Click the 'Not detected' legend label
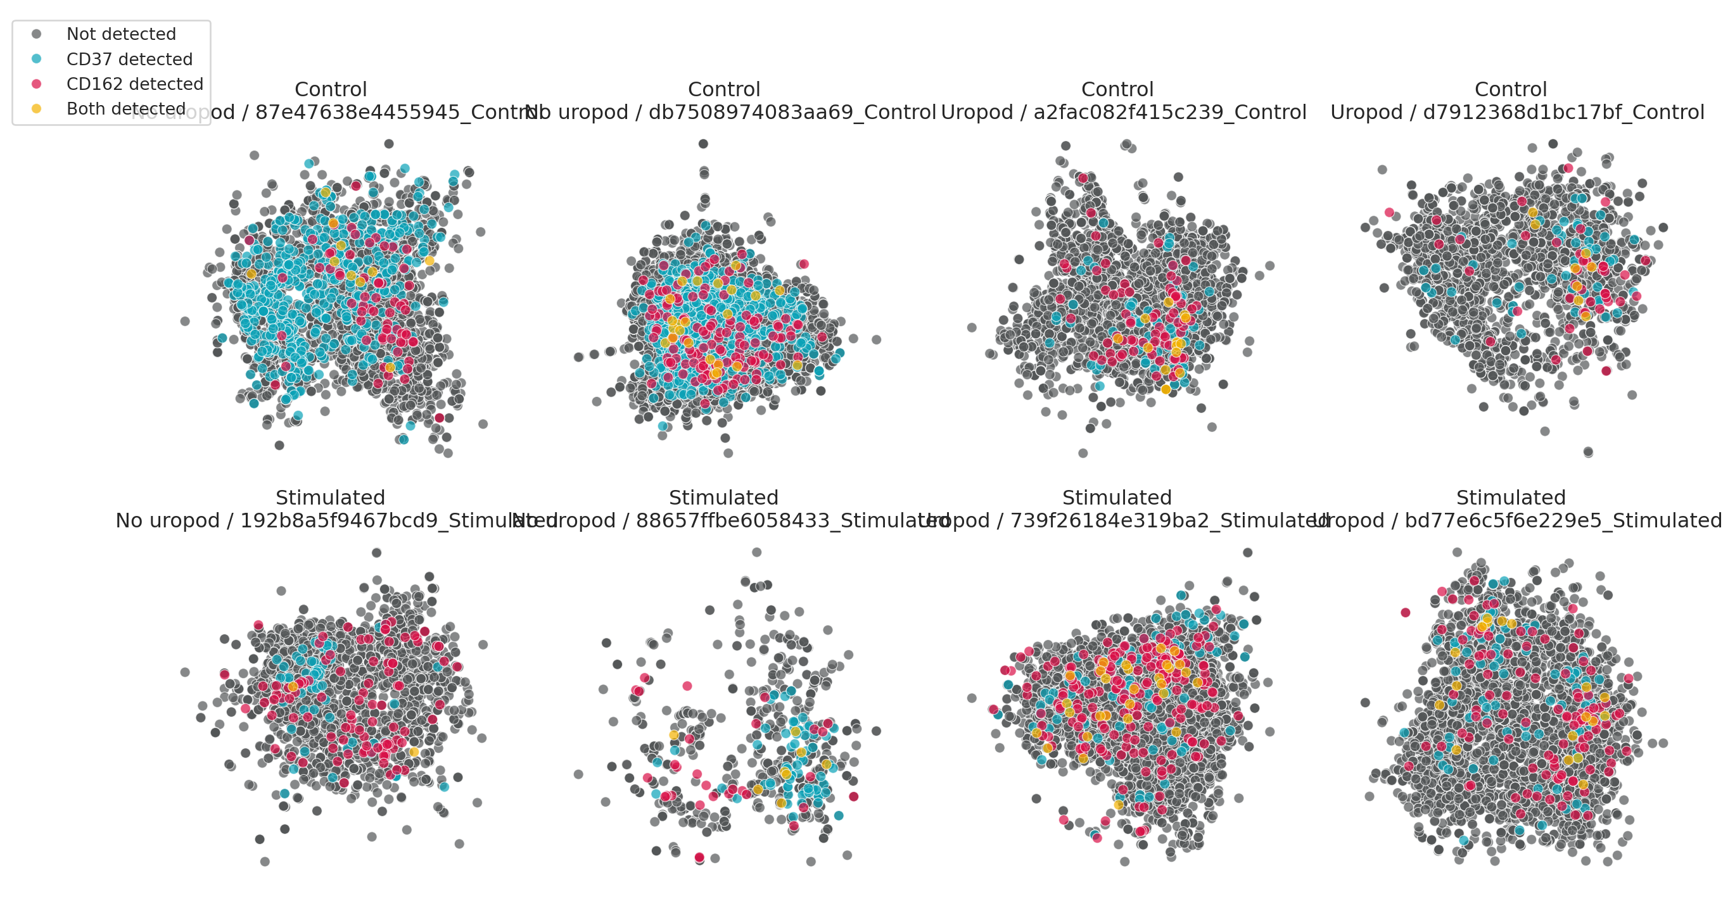121,34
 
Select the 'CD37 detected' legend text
129,60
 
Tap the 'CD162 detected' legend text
135,84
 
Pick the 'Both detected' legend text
126,109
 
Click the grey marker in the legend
36,34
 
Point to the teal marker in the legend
36,60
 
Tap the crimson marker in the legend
36,84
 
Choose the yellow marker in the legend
36,109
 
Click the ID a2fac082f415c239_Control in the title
1170,113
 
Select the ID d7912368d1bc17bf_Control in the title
1563,113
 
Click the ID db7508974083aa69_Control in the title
792,113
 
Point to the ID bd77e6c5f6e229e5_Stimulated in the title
1563,520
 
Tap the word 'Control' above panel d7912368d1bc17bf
1511,89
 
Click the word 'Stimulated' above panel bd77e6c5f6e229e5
1511,498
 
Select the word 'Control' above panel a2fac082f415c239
1117,89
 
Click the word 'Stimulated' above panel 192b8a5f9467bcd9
330,498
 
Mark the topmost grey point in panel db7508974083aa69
703,144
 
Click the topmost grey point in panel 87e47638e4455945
389,144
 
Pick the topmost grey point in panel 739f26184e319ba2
1247,552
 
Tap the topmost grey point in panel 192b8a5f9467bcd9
376,552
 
